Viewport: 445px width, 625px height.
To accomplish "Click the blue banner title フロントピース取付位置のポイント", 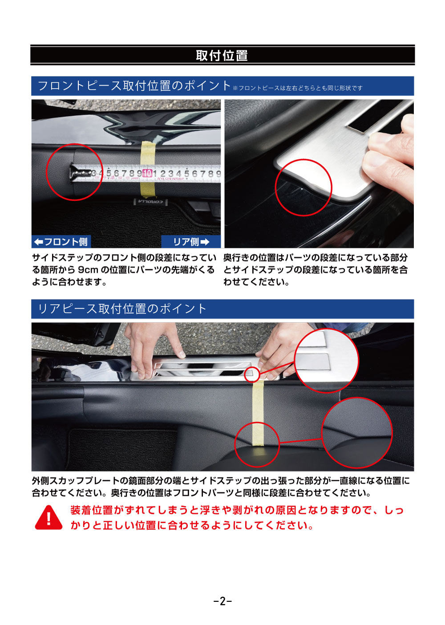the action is click(x=134, y=85).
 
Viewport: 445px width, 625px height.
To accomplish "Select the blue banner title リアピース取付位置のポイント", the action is click(x=122, y=309).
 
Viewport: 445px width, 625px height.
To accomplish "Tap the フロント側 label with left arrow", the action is click(x=61, y=242).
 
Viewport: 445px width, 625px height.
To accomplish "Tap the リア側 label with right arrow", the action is click(x=191, y=242).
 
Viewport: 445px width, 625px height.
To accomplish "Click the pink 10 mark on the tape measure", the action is click(x=147, y=173).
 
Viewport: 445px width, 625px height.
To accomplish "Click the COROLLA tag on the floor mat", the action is click(x=151, y=202).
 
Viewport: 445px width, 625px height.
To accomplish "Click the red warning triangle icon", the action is click(x=49, y=518).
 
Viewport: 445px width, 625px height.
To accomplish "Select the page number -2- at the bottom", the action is click(x=222, y=601).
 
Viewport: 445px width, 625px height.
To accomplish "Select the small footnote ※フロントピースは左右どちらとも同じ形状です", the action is click(x=297, y=88).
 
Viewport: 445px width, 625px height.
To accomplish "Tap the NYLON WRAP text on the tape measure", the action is click(x=170, y=179).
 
